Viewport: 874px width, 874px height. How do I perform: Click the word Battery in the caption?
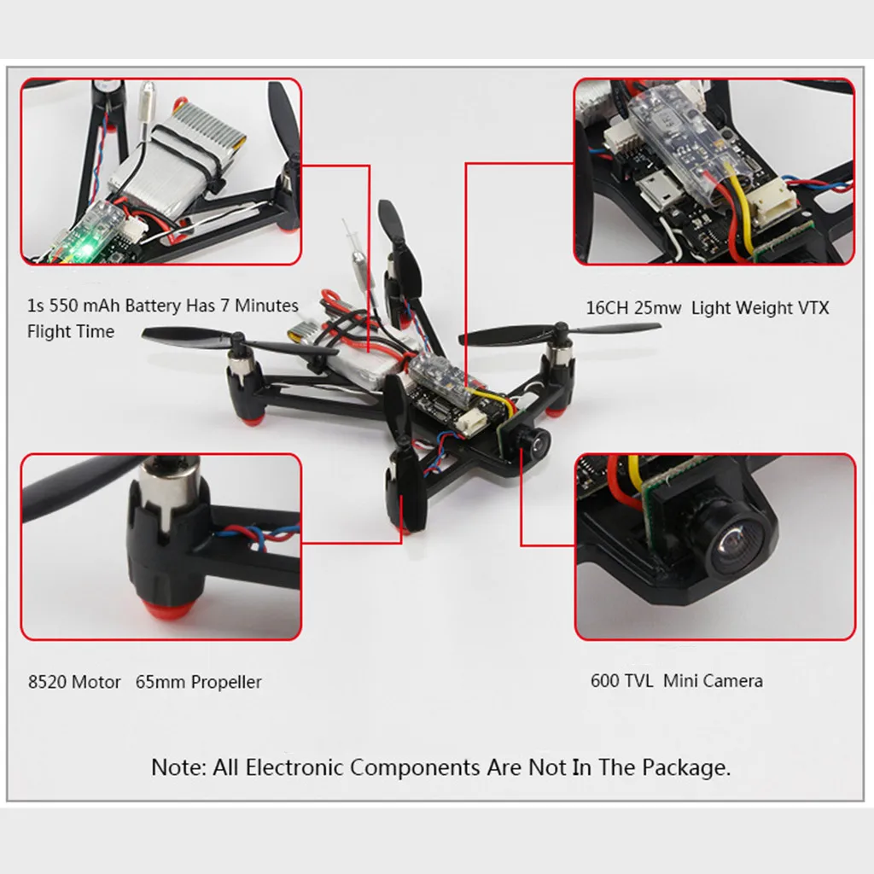pyautogui.click(x=153, y=306)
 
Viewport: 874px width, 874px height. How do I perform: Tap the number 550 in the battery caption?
pyautogui.click(x=61, y=306)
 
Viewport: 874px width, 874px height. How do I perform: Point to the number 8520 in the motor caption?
pyautogui.click(x=48, y=682)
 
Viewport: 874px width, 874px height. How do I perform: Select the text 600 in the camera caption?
pyautogui.click(x=603, y=680)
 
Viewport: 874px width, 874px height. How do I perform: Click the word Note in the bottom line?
pyautogui.click(x=179, y=767)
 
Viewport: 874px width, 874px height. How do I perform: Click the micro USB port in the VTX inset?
pyautogui.click(x=660, y=187)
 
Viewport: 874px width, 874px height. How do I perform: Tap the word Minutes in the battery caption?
pyautogui.click(x=266, y=306)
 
